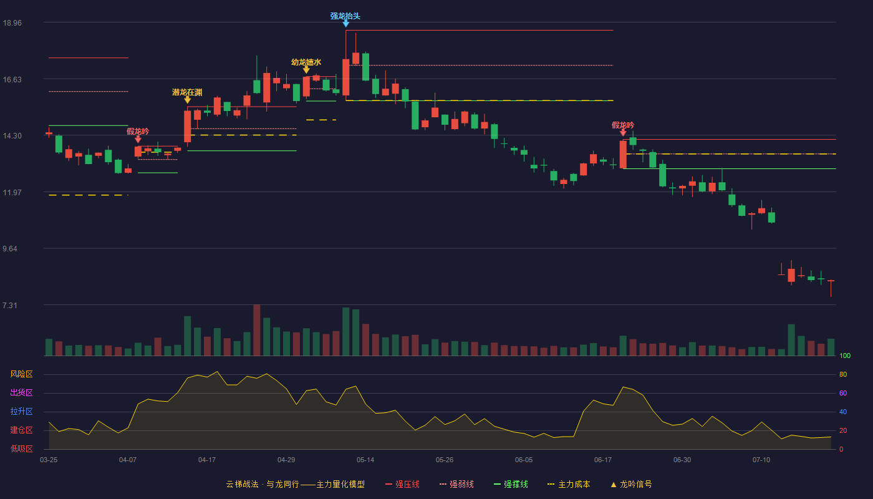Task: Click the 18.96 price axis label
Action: pos(12,22)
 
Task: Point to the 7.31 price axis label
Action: pos(10,305)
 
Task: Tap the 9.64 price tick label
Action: pos(10,249)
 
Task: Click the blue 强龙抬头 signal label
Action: pos(345,16)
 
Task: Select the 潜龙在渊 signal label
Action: pos(187,92)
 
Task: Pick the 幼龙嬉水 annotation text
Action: pos(306,62)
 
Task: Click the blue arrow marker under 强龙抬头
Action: pos(345,24)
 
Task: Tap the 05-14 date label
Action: pos(365,460)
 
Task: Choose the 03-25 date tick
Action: pos(49,460)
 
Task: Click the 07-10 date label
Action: pos(761,460)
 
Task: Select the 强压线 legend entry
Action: pos(402,484)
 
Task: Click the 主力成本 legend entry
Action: pos(569,484)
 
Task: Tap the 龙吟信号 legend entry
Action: pos(631,484)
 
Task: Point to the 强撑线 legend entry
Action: pos(511,484)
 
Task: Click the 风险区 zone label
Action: pos(21,374)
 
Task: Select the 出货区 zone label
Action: pos(21,392)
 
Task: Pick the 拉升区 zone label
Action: pos(21,411)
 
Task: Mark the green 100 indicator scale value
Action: pos(844,356)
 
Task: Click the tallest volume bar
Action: pos(256,330)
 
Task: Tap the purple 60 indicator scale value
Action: pos(843,393)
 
